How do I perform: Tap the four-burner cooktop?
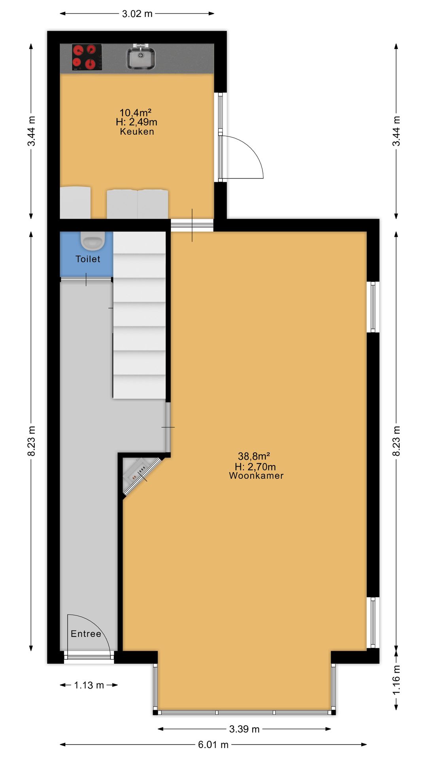point(87,57)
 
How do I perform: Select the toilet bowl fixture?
point(93,241)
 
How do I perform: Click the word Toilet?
point(88,259)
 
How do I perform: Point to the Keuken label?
point(137,132)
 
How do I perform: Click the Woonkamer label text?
point(256,476)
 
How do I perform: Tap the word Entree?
point(86,634)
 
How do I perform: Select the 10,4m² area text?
point(136,113)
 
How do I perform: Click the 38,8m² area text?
point(254,456)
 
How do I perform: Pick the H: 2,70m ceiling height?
point(255,467)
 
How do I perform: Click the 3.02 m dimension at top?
point(137,14)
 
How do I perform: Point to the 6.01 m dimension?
point(213,745)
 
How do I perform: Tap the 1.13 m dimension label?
point(89,685)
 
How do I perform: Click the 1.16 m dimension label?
point(397,680)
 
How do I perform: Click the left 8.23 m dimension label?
point(32,441)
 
